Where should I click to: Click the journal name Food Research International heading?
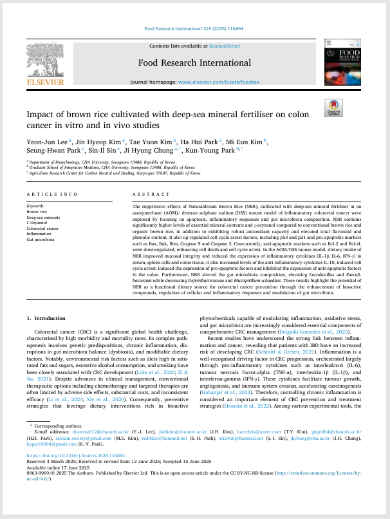(x=194, y=62)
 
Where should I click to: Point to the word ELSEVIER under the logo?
(x=44, y=82)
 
